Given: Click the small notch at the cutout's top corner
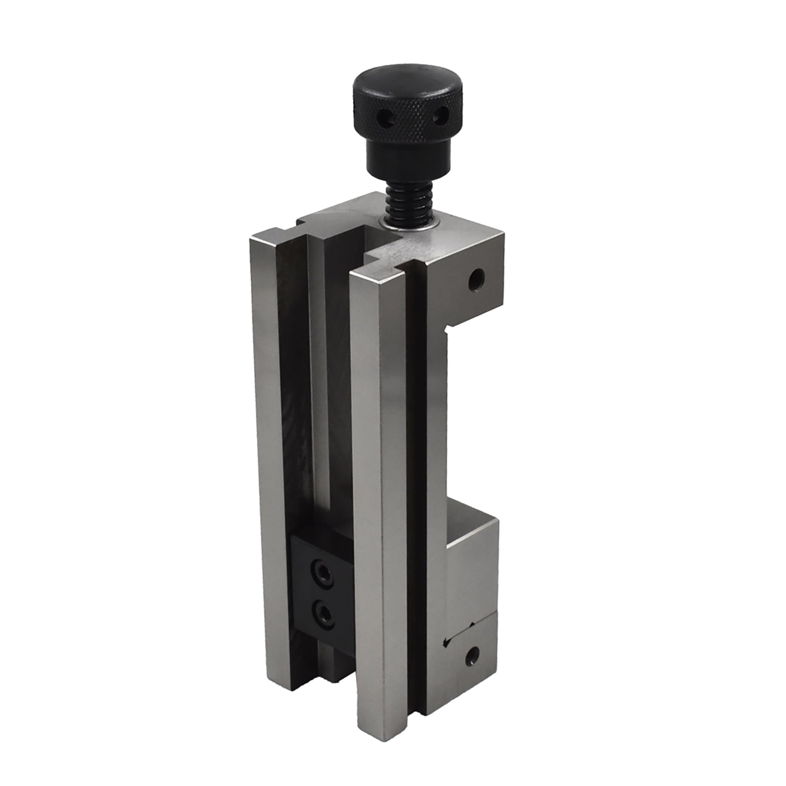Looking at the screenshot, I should click(x=448, y=331).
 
